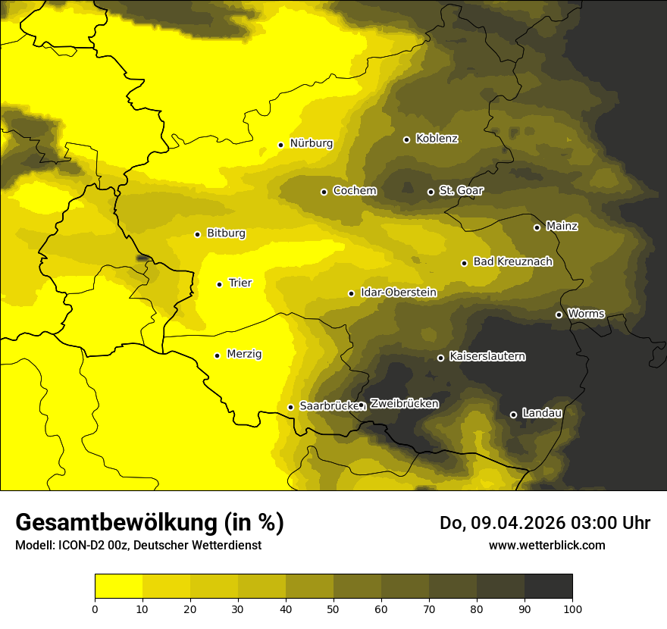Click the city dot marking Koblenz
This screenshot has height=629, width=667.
406,139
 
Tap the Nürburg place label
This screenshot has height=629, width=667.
311,143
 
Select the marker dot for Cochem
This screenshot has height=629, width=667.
324,192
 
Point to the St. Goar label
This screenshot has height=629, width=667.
461,190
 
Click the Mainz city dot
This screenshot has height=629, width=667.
537,227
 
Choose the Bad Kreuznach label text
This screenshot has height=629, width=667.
512,261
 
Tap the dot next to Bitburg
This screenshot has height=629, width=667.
197,234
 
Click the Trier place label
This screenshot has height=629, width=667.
240,283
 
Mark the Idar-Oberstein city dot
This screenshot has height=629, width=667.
351,293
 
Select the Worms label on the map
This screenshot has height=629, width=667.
586,314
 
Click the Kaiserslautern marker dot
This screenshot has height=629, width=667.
440,358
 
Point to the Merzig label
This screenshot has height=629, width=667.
244,354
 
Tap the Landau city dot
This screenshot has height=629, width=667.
513,415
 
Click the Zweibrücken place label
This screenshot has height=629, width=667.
404,404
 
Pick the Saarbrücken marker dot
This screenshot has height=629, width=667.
290,407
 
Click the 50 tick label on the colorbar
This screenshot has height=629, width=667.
333,609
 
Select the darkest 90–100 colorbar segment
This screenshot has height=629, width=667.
548,587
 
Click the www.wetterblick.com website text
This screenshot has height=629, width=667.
546,545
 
